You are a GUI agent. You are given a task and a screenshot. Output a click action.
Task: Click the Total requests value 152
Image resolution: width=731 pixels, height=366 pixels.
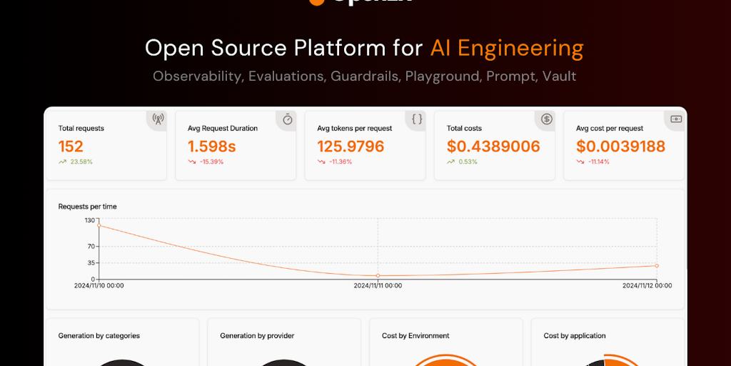71,147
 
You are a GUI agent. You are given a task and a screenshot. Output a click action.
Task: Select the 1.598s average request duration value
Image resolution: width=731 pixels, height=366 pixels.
211,147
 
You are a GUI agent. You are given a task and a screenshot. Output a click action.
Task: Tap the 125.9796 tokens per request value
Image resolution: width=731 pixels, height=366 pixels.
351,147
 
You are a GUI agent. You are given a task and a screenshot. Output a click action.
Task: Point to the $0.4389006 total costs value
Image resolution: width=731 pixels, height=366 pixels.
493,147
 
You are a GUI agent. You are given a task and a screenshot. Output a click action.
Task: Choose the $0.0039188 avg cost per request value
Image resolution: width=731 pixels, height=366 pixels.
620,147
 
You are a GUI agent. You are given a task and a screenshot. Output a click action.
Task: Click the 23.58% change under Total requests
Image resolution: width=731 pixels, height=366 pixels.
81,162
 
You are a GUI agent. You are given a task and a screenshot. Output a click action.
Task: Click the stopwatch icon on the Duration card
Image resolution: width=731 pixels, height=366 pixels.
288,119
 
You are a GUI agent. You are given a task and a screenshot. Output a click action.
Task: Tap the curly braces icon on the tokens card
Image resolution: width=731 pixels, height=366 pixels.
418,119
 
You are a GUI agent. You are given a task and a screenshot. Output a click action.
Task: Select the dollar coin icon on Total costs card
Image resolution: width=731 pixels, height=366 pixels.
547,119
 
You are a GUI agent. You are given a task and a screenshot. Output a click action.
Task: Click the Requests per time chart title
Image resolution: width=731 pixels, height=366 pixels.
87,207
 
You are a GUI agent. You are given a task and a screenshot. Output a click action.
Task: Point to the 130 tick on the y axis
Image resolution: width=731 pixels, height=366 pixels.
89,220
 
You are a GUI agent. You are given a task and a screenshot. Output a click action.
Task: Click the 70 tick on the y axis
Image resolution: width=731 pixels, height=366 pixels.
91,247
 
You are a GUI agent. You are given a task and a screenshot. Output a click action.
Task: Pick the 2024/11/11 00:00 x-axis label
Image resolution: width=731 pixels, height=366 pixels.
378,286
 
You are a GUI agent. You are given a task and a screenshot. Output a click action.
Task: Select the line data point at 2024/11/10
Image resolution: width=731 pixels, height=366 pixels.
99,226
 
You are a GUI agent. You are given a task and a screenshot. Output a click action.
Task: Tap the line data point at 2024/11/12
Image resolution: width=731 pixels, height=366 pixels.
657,266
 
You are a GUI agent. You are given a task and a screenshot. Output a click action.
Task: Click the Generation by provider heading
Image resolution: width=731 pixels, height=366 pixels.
257,336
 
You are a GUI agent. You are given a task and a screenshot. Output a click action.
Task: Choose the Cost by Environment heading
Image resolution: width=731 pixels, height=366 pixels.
415,336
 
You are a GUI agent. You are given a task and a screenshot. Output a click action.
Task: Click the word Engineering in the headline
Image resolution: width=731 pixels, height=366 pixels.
520,49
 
